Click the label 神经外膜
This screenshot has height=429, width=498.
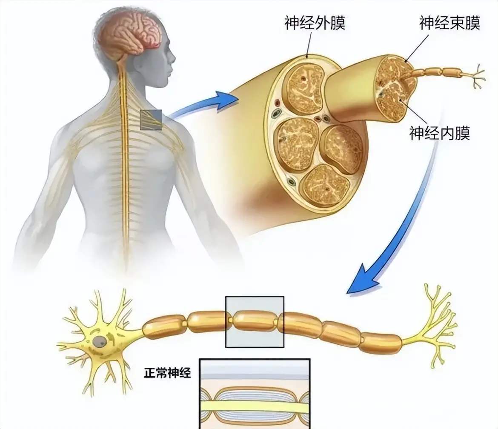click(x=315, y=23)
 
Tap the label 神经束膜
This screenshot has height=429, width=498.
click(x=449, y=23)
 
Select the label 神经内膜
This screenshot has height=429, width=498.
click(x=439, y=133)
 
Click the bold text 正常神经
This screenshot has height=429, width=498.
click(x=167, y=372)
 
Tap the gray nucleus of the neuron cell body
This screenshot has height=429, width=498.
click(x=100, y=342)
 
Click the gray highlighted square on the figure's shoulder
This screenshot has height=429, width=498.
click(x=151, y=120)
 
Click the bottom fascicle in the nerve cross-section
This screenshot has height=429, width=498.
click(x=325, y=185)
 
